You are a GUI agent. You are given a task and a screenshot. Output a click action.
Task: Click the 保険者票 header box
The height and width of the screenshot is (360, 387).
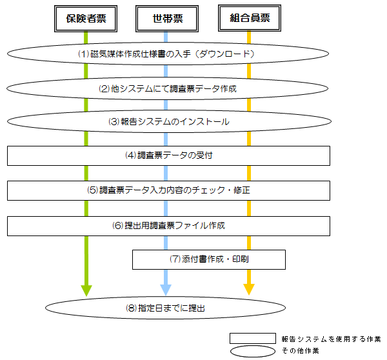pyautogui.click(x=86, y=19)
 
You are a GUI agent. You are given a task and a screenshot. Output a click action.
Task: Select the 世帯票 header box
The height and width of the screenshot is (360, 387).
pyautogui.click(x=166, y=19)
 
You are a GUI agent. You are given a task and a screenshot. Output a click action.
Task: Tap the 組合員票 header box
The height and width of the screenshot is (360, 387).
pyautogui.click(x=248, y=19)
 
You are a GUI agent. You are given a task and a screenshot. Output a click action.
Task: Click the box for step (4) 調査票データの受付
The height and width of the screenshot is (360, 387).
pyautogui.click(x=168, y=155)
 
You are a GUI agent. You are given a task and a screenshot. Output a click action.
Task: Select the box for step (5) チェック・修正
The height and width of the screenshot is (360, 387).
pyautogui.click(x=168, y=190)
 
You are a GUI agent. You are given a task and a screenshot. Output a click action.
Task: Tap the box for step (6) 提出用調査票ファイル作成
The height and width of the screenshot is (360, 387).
pyautogui.click(x=168, y=226)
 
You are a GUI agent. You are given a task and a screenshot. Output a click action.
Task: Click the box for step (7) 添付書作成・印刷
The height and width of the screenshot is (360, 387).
pyautogui.click(x=209, y=259)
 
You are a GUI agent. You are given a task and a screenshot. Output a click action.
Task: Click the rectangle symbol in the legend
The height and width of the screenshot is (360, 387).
pyautogui.click(x=253, y=339)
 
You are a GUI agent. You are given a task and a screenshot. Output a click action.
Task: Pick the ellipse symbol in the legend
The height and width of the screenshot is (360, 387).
pyautogui.click(x=253, y=351)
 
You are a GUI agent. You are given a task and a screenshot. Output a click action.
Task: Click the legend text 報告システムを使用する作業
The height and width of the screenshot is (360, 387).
pyautogui.click(x=331, y=339)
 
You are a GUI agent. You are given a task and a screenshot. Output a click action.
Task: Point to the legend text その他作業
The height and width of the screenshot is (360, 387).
pyautogui.click(x=301, y=351)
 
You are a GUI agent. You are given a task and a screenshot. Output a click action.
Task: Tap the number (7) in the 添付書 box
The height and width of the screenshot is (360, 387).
pyautogui.click(x=175, y=259)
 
